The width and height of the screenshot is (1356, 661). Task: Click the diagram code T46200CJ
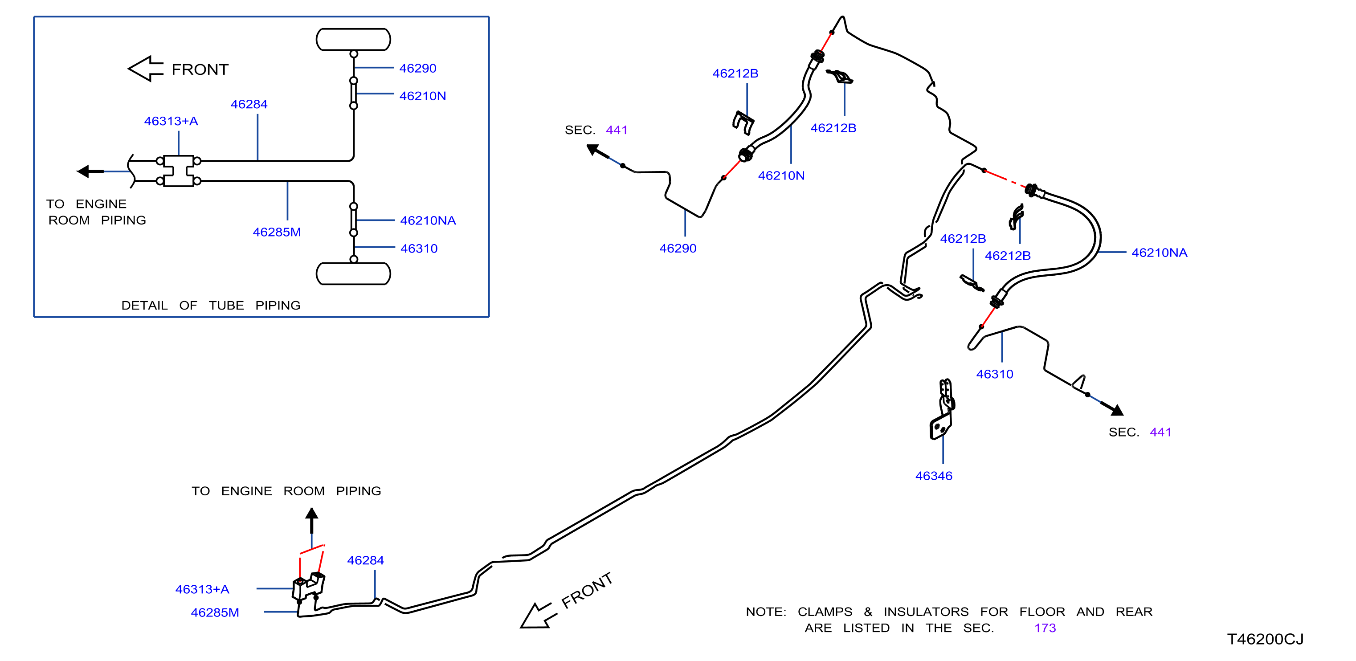[1265, 639]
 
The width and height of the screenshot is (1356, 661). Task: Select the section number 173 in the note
[1045, 628]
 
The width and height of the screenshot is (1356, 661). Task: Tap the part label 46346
[934, 476]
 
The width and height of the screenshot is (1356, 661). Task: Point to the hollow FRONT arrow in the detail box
[146, 69]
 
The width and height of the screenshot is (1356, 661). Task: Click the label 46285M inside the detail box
[277, 232]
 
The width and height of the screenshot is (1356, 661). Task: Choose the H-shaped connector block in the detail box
[179, 171]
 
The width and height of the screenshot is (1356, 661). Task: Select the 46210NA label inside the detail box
[428, 220]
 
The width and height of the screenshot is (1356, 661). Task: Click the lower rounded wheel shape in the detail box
[353, 273]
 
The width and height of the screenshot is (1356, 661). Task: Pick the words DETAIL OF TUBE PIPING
[211, 305]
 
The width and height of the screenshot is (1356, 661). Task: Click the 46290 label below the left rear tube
[678, 249]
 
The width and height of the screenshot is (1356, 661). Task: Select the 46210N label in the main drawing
[781, 176]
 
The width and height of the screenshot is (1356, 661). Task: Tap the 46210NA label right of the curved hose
[1160, 253]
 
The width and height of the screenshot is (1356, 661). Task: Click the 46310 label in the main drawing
[995, 374]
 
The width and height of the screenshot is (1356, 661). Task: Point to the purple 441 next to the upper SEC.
[617, 130]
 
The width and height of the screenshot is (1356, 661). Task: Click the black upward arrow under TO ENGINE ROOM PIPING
[312, 521]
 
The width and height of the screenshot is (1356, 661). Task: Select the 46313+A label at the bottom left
[202, 589]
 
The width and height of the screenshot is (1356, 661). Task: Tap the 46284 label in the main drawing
[365, 560]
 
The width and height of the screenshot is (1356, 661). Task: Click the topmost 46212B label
[735, 73]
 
